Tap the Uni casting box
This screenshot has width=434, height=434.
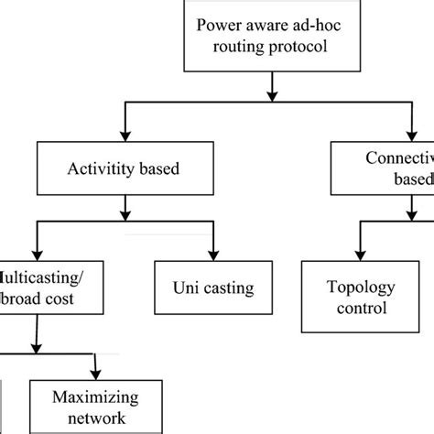pyautogui.click(x=214, y=289)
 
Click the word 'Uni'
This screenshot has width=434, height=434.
pyautogui.click(x=182, y=289)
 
